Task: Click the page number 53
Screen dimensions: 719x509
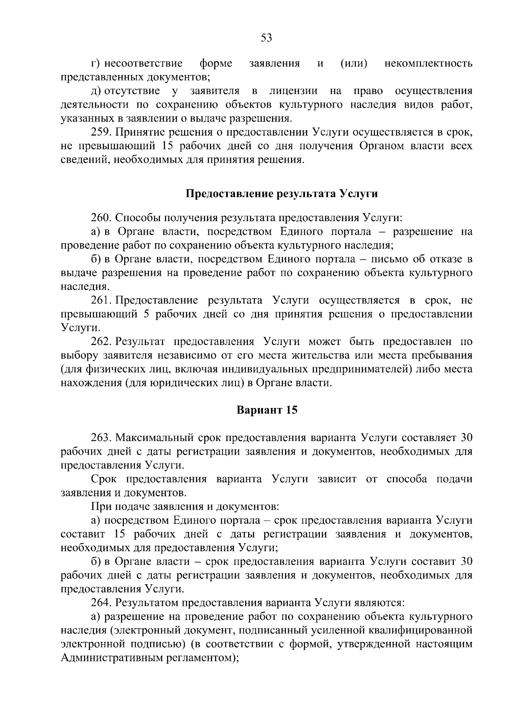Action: click(266, 38)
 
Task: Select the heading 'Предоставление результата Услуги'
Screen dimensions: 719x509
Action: click(282, 194)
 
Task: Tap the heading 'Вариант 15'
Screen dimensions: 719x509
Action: click(267, 411)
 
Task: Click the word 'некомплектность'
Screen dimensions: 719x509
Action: click(428, 64)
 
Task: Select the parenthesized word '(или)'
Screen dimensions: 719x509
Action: click(354, 64)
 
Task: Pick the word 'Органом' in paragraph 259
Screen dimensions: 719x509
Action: click(378, 146)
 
